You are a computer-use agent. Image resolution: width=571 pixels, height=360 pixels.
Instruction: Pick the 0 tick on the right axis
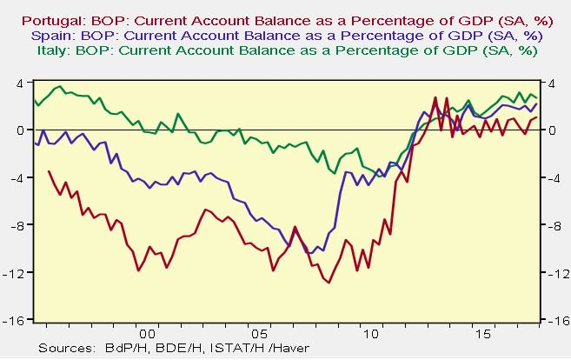click(550, 130)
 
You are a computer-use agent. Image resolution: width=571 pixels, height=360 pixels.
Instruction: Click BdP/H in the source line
click(118, 349)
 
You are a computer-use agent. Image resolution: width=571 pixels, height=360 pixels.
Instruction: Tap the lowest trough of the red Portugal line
click(329, 282)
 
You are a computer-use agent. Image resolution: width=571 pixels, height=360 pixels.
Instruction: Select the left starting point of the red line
click(49, 171)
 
